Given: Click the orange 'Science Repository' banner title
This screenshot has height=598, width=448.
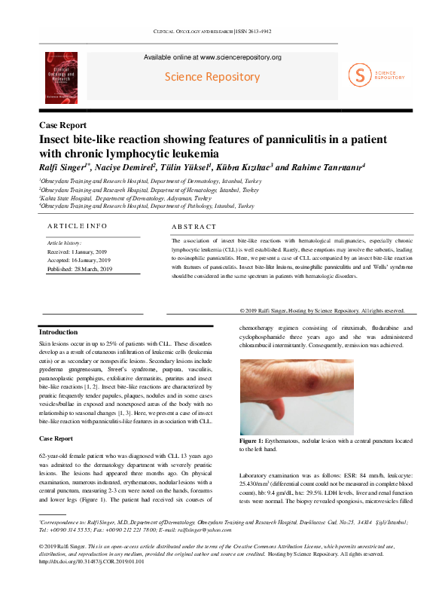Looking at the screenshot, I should pyautogui.click(x=212, y=77).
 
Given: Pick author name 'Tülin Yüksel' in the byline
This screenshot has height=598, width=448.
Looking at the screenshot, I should pyautogui.click(x=187, y=167).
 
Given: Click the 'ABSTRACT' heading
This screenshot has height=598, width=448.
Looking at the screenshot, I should pyautogui.click(x=194, y=227).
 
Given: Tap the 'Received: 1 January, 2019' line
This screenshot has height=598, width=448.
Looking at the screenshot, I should pyautogui.click(x=79, y=252).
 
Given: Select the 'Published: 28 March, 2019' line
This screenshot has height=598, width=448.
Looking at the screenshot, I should pyautogui.click(x=80, y=269).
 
